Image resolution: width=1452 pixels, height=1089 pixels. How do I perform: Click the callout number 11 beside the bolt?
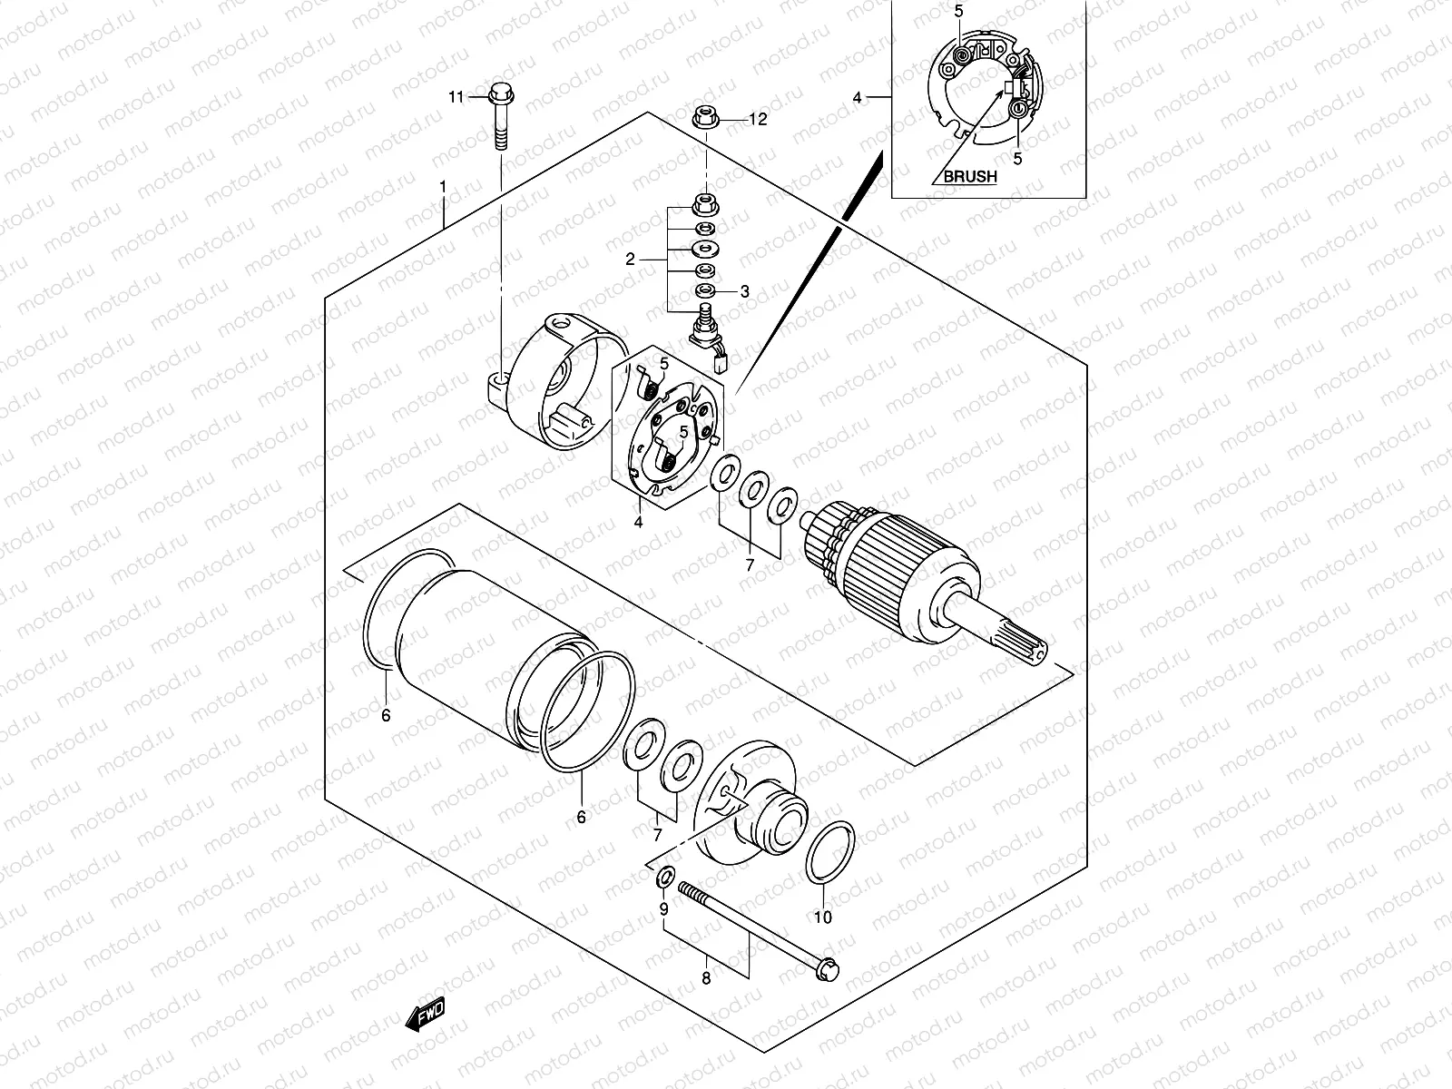click(455, 96)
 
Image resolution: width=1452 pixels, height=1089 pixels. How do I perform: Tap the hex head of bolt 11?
click(500, 93)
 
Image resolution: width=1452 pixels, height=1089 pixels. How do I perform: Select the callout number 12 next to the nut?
click(758, 119)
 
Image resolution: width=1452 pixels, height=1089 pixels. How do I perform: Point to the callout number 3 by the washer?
click(744, 291)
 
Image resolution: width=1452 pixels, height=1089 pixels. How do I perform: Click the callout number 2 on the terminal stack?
click(629, 260)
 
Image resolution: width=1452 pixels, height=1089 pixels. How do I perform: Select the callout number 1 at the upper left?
click(443, 187)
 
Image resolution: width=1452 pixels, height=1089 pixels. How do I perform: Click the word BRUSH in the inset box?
click(969, 177)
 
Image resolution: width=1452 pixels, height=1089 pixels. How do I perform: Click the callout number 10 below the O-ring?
click(822, 917)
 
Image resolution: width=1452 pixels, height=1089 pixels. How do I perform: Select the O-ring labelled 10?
click(829, 851)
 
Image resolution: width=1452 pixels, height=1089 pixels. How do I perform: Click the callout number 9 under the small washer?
click(663, 908)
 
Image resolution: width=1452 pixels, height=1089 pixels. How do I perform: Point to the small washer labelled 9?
click(663, 877)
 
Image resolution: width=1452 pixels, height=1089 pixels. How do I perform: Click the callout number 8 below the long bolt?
click(707, 978)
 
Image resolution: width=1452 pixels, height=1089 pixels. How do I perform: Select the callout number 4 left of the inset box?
click(856, 95)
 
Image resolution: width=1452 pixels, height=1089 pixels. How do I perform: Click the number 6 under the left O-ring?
click(386, 716)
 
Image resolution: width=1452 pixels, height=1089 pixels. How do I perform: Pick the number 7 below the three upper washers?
click(750, 564)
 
